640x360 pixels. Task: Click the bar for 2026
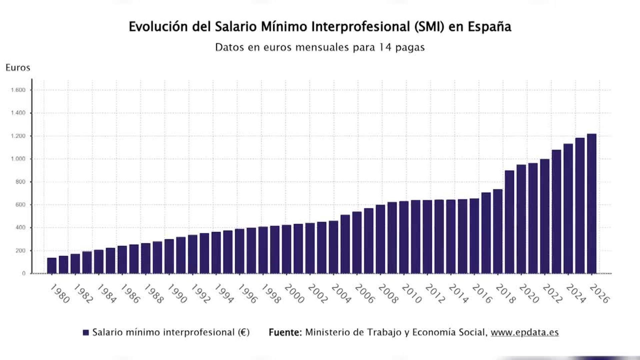tap(592, 204)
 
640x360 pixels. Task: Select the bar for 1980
tap(52, 265)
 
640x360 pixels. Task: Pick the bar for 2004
tap(333, 247)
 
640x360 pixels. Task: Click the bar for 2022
tap(545, 216)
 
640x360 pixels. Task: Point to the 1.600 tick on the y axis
tap(18, 90)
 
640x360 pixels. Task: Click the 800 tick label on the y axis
tap(20, 182)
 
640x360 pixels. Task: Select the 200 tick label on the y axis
tap(20, 251)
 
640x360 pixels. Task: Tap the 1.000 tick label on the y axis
tap(18, 159)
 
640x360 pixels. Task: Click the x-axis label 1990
tap(177, 293)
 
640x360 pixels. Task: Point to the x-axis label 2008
tap(388, 294)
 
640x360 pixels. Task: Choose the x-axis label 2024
tap(576, 293)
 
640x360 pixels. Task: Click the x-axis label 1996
tap(247, 294)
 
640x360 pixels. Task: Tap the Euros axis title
tap(18, 68)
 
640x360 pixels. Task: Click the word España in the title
tap(489, 27)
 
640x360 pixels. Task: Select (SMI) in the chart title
tap(429, 27)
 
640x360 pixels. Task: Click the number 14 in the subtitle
tap(385, 47)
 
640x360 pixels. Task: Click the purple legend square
tap(86, 332)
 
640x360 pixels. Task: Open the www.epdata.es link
tap(524, 332)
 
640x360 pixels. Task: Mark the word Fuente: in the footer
tap(285, 332)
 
